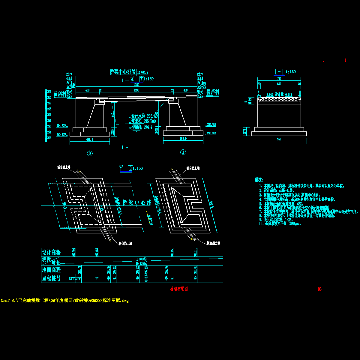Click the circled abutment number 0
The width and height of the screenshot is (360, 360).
(x=90, y=153)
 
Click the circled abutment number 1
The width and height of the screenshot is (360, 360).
(x=183, y=152)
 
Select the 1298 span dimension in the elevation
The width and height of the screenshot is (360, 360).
(x=136, y=90)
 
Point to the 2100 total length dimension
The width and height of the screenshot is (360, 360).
(x=136, y=85)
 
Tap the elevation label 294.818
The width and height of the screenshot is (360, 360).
(x=211, y=124)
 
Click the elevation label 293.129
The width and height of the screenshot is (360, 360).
(x=61, y=134)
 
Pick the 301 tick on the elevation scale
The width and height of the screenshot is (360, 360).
(x=49, y=91)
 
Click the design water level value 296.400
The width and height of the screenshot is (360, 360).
(x=153, y=116)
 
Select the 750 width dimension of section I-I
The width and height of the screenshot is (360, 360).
(x=279, y=79)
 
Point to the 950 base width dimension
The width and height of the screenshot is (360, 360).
(x=279, y=139)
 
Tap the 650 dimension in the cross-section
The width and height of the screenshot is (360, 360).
(x=279, y=84)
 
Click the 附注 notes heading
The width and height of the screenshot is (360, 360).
(x=259, y=180)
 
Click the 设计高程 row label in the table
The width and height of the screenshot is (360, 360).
(x=51, y=252)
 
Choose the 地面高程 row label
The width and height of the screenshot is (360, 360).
(x=51, y=270)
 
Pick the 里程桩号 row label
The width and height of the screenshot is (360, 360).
(x=51, y=278)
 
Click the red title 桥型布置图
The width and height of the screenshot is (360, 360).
(x=179, y=289)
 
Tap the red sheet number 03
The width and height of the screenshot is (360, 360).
(x=319, y=289)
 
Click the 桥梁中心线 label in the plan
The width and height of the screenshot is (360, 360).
(x=136, y=202)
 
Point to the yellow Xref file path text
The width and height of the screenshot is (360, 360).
(x=65, y=301)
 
